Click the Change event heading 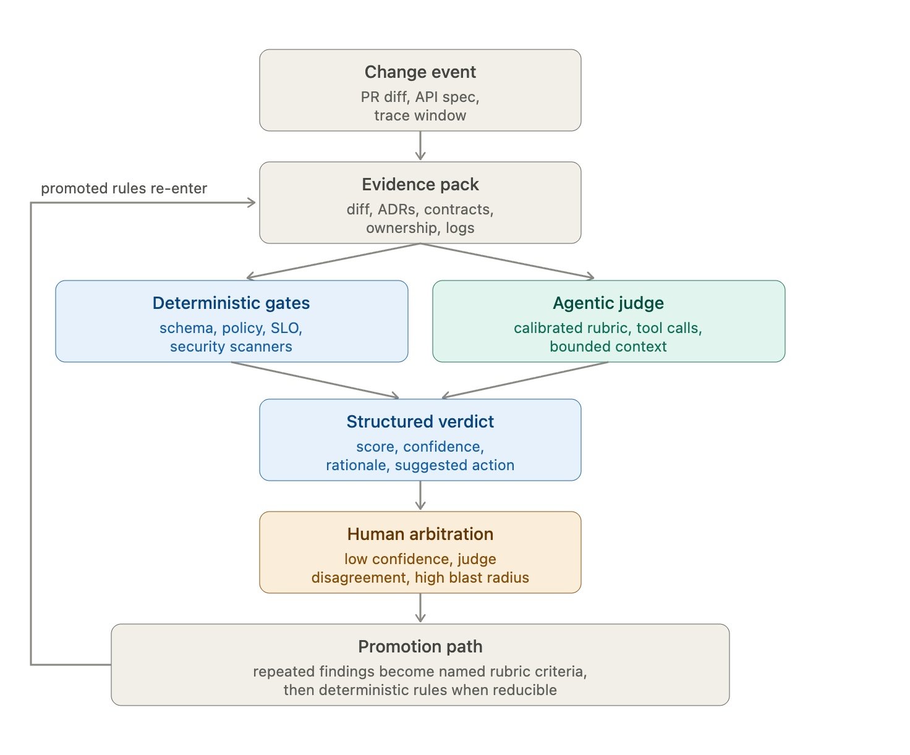(420, 72)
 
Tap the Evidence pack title (420, 185)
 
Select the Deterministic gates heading (231, 303)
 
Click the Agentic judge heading (608, 303)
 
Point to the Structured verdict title (420, 422)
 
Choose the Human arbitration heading (420, 534)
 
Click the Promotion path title (420, 646)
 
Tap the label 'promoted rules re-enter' (124, 188)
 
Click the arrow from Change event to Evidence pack (420, 146)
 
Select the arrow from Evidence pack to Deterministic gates (333, 261)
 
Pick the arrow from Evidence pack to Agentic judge (508, 261)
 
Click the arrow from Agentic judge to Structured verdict (525, 380)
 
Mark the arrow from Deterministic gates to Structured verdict (315, 380)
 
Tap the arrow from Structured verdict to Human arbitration (420, 496)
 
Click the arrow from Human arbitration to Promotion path (420, 608)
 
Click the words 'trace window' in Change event (420, 116)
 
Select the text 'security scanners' (231, 347)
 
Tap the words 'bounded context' (608, 347)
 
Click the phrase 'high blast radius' (472, 577)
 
